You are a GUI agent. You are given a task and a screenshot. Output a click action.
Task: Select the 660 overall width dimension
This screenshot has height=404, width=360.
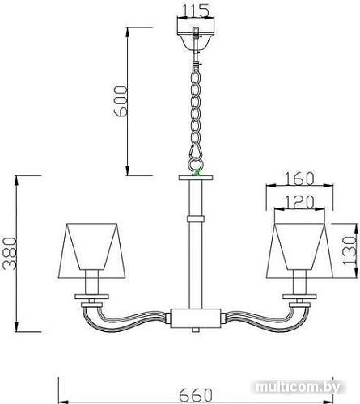pyautogui.click(x=195, y=394)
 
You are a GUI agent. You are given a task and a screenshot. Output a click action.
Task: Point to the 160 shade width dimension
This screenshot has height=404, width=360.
pyautogui.click(x=300, y=177)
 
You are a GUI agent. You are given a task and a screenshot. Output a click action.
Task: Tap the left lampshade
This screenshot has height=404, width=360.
pyautogui.click(x=90, y=247)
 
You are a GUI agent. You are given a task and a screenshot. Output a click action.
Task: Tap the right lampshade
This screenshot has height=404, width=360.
pyautogui.click(x=300, y=247)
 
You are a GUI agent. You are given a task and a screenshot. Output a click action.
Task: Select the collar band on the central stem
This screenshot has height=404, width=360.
pyautogui.click(x=195, y=218)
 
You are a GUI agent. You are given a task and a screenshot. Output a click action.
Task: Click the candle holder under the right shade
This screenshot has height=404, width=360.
pyautogui.click(x=300, y=284)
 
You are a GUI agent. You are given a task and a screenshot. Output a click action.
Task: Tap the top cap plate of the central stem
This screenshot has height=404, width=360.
pyautogui.click(x=195, y=177)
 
